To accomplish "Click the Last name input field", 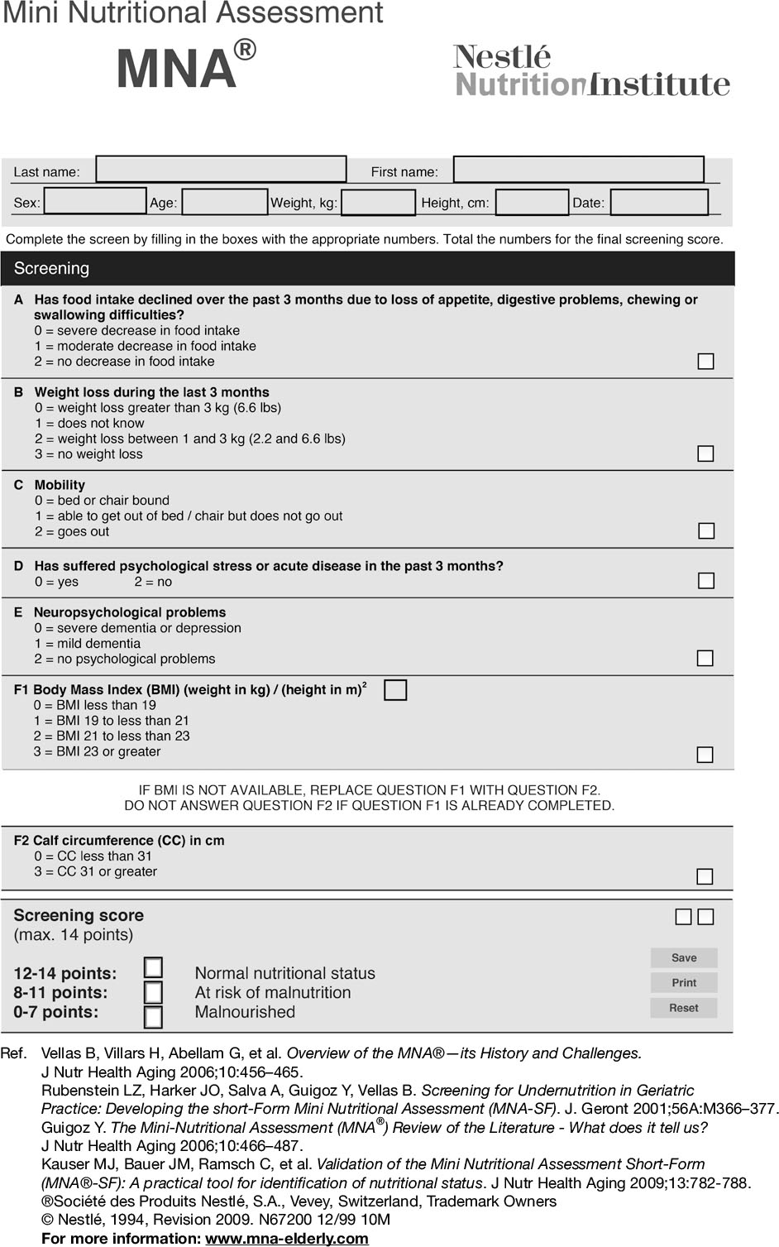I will [221, 170].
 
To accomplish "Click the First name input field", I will [578, 170].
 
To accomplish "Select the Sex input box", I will [95, 202].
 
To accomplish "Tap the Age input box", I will [224, 202].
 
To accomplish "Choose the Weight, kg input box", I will [378, 203].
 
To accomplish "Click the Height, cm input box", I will [532, 203].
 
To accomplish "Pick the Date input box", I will [659, 203].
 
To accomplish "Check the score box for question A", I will [705, 361].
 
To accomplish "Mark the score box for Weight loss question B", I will [705, 453].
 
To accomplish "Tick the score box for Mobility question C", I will [705, 530].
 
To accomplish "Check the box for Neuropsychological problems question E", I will [705, 658].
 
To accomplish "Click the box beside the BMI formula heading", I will [395, 689].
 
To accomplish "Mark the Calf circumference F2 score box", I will [705, 876].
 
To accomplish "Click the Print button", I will [684, 983].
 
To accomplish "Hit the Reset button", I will [684, 1008].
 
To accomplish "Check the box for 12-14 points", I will [153, 967].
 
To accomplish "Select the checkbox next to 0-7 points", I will [153, 1017].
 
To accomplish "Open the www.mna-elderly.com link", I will [287, 1238].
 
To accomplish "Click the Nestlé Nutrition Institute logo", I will [591, 72].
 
